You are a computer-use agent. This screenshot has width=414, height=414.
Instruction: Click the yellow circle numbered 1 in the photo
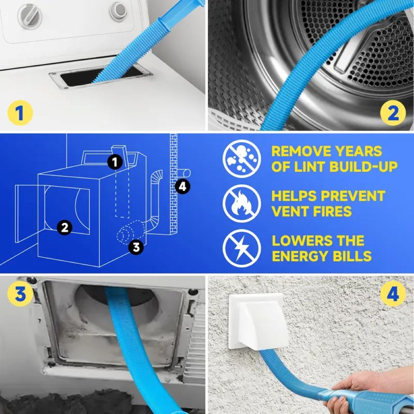pyautogui.click(x=19, y=113)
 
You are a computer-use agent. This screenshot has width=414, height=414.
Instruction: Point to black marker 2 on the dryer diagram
pyautogui.click(x=64, y=226)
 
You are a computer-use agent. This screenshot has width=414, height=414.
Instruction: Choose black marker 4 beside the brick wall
pyautogui.click(x=182, y=187)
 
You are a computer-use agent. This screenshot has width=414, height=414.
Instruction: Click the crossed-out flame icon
pyautogui.click(x=241, y=203)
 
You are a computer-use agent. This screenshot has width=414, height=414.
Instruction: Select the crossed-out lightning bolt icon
pyautogui.click(x=241, y=248)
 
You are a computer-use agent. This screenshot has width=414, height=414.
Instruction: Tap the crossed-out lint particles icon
pyautogui.click(x=241, y=159)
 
